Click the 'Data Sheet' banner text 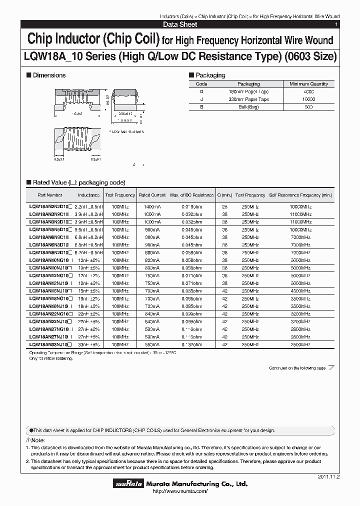click(x=180, y=24)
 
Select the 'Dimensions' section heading click(x=49, y=75)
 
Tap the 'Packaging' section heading click(x=209, y=75)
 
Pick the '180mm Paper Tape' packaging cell click(x=248, y=92)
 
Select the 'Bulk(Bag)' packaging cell click(x=248, y=107)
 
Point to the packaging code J click(x=201, y=99)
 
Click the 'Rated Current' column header click(x=151, y=195)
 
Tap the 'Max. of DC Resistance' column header click(x=191, y=195)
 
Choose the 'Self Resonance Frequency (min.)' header click(x=300, y=195)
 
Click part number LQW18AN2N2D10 click(x=50, y=206)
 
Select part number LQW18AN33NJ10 click(x=50, y=344)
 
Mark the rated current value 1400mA click(x=151, y=206)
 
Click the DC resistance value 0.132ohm click(x=191, y=344)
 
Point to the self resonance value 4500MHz click(x=300, y=290)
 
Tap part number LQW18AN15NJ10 click(x=50, y=290)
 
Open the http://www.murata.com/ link click(x=179, y=491)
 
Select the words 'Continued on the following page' click(x=297, y=368)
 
